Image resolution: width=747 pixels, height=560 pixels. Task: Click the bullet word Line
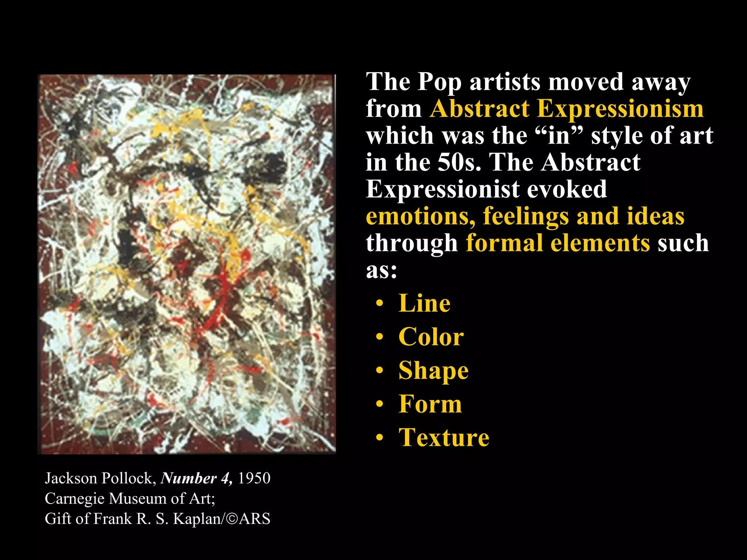(x=424, y=303)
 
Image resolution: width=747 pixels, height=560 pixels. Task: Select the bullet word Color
(x=431, y=337)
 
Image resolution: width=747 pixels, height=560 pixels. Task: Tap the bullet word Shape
(x=433, y=371)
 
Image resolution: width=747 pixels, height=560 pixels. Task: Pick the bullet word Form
(x=430, y=404)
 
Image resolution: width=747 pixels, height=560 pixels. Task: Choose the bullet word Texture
(x=444, y=437)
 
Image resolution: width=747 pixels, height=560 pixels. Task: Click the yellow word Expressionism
(x=620, y=109)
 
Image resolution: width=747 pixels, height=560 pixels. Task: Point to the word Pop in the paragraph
(x=439, y=82)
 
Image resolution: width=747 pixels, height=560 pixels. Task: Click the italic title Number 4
(x=196, y=478)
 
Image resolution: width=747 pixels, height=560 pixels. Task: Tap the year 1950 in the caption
(x=254, y=478)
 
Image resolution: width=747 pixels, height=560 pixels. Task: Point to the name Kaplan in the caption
(x=197, y=519)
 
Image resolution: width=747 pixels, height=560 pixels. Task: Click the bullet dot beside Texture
(x=380, y=438)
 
